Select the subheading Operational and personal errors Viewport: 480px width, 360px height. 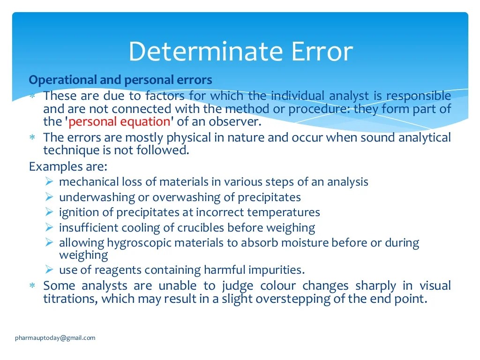point(120,80)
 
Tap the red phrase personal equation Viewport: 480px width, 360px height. point(119,122)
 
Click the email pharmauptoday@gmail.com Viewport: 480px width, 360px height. point(55,337)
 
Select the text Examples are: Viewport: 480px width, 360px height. point(68,166)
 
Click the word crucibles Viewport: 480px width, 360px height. point(201,228)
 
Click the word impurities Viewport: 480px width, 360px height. point(279,270)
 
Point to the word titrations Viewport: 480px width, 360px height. point(69,299)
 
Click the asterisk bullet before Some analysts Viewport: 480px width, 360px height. point(32,286)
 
